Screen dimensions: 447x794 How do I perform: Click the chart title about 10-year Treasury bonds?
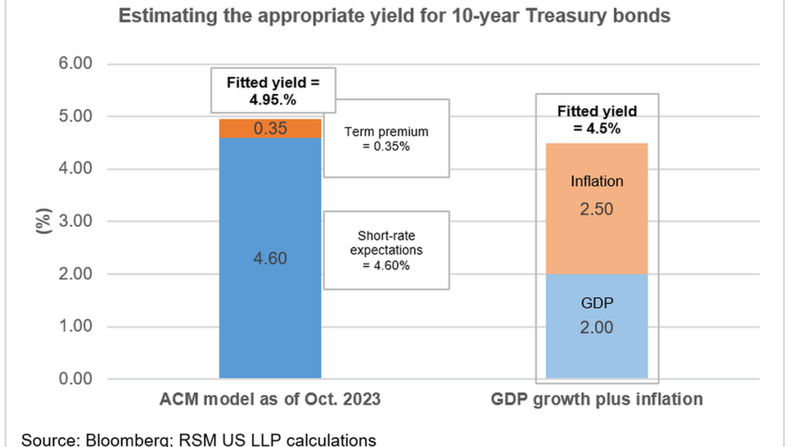[x=394, y=16]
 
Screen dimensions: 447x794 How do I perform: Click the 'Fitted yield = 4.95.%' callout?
[x=272, y=89]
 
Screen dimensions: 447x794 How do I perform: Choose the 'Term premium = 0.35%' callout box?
[x=385, y=138]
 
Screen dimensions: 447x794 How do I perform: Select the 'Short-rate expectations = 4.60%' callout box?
[x=385, y=250]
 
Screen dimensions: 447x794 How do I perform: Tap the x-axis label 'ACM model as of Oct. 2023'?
[x=270, y=400]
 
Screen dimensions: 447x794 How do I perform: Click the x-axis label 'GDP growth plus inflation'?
[x=596, y=400]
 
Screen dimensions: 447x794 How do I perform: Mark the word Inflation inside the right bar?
[x=596, y=182]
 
